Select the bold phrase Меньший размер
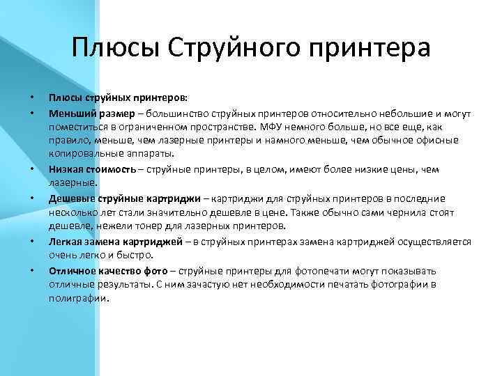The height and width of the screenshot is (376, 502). [87, 112]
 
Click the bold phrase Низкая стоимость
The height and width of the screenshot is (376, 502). [91, 169]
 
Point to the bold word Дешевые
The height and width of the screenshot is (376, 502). [69, 198]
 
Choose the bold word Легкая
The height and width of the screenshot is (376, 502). [66, 242]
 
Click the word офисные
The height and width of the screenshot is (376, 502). [439, 141]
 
